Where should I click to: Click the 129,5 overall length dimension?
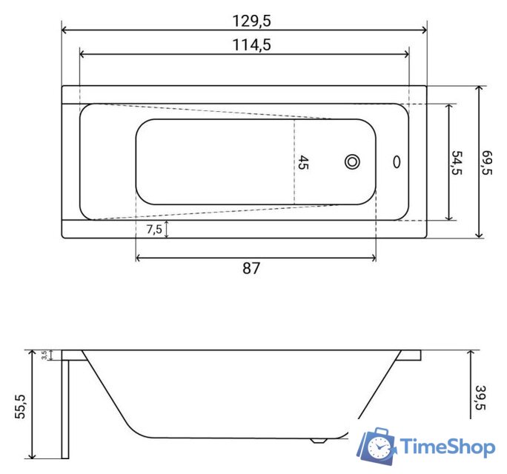click(251, 21)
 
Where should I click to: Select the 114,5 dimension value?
click(251, 45)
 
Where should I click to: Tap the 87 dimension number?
click(251, 268)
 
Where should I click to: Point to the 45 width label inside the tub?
click(303, 162)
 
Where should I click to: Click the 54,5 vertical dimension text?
click(457, 162)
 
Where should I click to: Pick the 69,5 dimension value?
click(487, 162)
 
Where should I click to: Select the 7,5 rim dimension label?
click(154, 230)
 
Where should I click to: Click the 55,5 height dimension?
click(20, 407)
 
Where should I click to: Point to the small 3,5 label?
click(44, 355)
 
